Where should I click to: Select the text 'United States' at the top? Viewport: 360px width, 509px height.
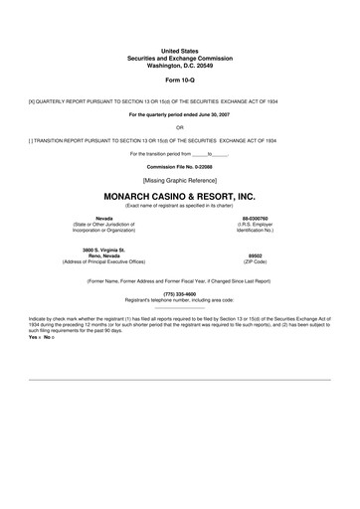tap(179, 50)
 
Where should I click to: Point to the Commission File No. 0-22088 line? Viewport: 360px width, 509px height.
tap(179, 167)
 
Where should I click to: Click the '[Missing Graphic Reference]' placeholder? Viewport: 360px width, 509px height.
tap(179, 182)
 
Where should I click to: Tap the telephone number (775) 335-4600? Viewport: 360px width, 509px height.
tap(179, 294)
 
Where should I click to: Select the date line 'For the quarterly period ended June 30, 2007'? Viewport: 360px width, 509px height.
tap(179, 115)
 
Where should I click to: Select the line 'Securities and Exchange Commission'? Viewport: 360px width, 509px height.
tap(179, 57)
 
